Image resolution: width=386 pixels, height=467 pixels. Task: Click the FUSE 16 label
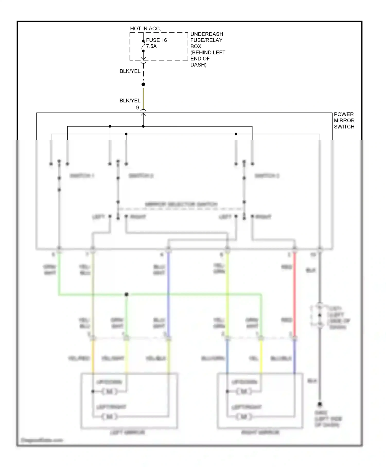click(156, 40)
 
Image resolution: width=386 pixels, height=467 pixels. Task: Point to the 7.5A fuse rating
click(151, 46)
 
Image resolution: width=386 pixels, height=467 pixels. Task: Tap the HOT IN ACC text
click(145, 29)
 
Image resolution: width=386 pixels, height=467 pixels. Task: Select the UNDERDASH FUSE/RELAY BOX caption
click(207, 49)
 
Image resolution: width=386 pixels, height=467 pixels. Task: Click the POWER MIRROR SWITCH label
click(344, 120)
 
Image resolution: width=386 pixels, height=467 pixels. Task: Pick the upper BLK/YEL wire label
click(130, 71)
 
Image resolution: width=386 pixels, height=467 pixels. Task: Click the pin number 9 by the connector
click(137, 108)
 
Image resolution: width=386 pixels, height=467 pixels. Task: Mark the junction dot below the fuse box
click(143, 84)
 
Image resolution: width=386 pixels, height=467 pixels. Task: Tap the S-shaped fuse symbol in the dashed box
click(143, 46)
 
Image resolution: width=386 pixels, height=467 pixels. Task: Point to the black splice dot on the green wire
click(126, 294)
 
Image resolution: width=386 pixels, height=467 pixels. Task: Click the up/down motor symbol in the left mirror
click(110, 392)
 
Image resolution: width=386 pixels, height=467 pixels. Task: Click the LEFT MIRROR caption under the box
click(128, 432)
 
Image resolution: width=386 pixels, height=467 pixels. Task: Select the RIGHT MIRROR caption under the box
click(260, 432)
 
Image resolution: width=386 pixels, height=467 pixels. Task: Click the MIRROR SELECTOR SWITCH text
click(181, 204)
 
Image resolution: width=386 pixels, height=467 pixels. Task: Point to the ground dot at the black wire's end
click(320, 404)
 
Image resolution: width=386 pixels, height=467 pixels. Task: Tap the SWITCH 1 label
click(82, 176)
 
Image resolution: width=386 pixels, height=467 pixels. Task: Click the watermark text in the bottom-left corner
click(42, 440)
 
